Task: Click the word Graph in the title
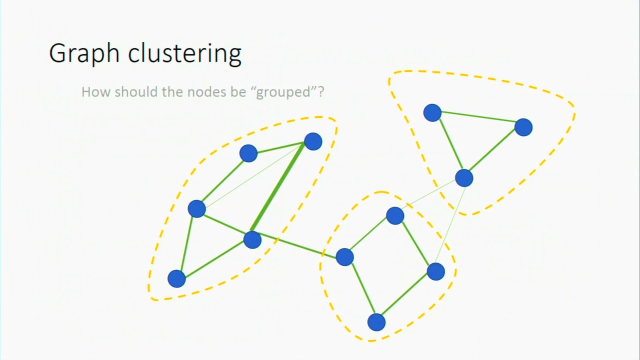[85, 53]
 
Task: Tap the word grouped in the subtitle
[286, 92]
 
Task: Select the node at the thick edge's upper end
[313, 141]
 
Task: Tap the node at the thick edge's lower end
[252, 239]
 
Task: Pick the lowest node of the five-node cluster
[176, 278]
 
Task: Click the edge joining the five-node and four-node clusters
[298, 248]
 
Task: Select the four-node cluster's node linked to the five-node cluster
[344, 257]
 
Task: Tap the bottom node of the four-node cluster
[376, 322]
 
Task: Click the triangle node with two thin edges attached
[464, 178]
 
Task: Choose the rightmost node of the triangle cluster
[523, 127]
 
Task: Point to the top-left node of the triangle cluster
[432, 113]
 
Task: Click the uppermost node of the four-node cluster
[395, 216]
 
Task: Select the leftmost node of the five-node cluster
[196, 208]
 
